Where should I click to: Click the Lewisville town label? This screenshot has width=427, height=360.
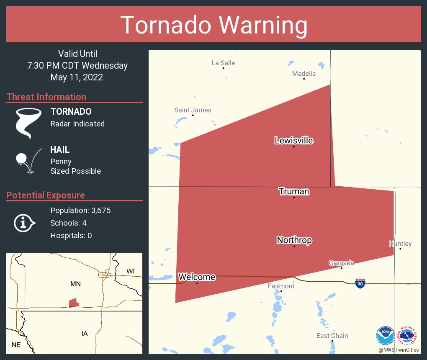tap(293, 140)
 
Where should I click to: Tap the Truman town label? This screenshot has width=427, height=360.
tap(294, 192)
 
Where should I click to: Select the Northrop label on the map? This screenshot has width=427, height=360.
tap(294, 240)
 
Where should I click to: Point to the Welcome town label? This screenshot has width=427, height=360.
tap(197, 277)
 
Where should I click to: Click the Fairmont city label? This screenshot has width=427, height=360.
tap(281, 286)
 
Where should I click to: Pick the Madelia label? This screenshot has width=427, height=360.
tap(304, 74)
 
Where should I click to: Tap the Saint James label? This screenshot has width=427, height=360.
tap(193, 110)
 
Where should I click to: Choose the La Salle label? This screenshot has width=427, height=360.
tap(223, 63)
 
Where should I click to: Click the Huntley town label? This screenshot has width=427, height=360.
tap(400, 244)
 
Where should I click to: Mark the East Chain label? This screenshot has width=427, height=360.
tap(332, 336)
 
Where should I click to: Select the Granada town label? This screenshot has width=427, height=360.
tap(341, 263)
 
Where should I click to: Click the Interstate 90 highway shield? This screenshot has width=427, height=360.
tap(360, 283)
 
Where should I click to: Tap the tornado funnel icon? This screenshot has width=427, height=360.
tap(28, 123)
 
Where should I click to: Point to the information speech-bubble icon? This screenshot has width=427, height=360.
tap(24, 223)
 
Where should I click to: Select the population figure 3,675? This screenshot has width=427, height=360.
tap(101, 211)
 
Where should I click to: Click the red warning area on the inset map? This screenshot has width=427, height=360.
tap(74, 302)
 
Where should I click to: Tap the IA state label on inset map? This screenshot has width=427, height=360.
tap(85, 334)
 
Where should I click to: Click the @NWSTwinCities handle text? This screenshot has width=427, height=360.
tap(399, 350)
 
